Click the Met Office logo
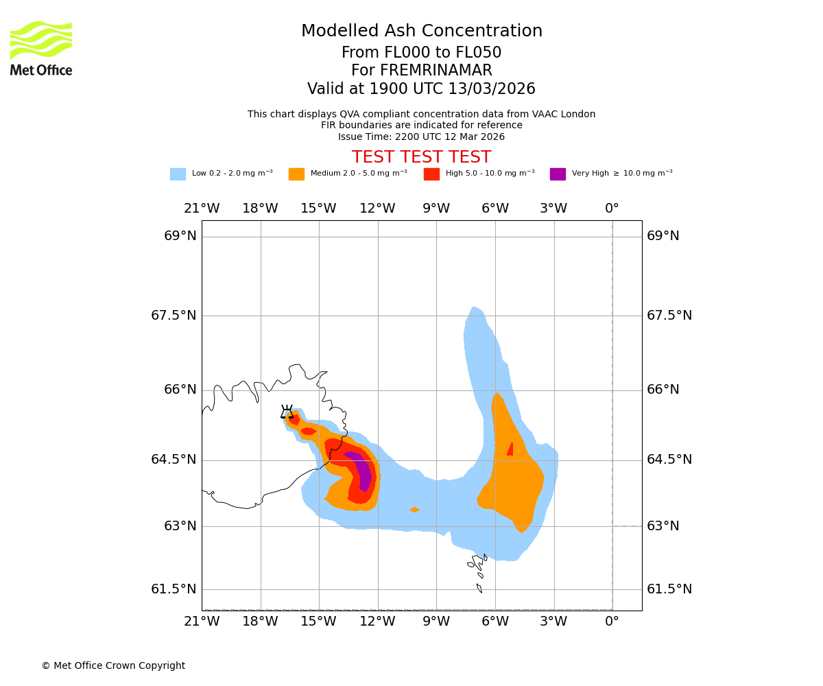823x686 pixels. click(41, 49)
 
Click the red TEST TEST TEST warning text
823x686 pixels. click(421, 157)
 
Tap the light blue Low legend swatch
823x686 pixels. click(178, 174)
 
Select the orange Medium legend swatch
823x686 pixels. click(296, 174)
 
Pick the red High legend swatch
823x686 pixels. click(431, 174)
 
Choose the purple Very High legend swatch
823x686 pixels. click(558, 174)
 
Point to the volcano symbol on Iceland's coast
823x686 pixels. click(287, 412)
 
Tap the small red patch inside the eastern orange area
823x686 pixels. click(510, 449)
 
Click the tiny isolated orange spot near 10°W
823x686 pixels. click(414, 510)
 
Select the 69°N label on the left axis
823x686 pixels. click(180, 236)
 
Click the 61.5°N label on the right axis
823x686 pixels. click(669, 589)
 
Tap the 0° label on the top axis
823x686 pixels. click(612, 209)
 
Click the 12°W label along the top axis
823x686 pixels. click(377, 209)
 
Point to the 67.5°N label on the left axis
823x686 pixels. click(174, 316)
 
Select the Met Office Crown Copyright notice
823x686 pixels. click(113, 665)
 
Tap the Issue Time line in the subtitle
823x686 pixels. click(421, 137)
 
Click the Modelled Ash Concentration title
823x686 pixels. click(421, 31)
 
